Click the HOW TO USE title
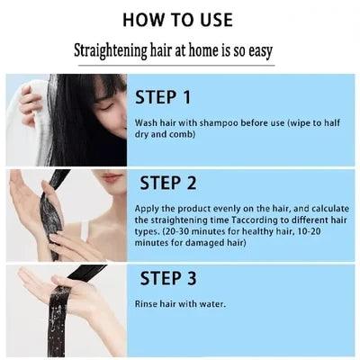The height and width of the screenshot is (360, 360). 178,20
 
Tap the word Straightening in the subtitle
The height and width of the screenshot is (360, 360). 110,50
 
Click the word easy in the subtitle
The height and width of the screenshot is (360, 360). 260,51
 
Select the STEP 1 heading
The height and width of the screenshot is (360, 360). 163,97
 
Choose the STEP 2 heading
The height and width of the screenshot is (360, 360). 168,183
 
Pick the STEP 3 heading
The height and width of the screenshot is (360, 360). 168,278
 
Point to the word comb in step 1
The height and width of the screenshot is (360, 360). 181,134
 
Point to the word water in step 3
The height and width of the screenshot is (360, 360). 213,304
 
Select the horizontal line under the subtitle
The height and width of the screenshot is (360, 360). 176,65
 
